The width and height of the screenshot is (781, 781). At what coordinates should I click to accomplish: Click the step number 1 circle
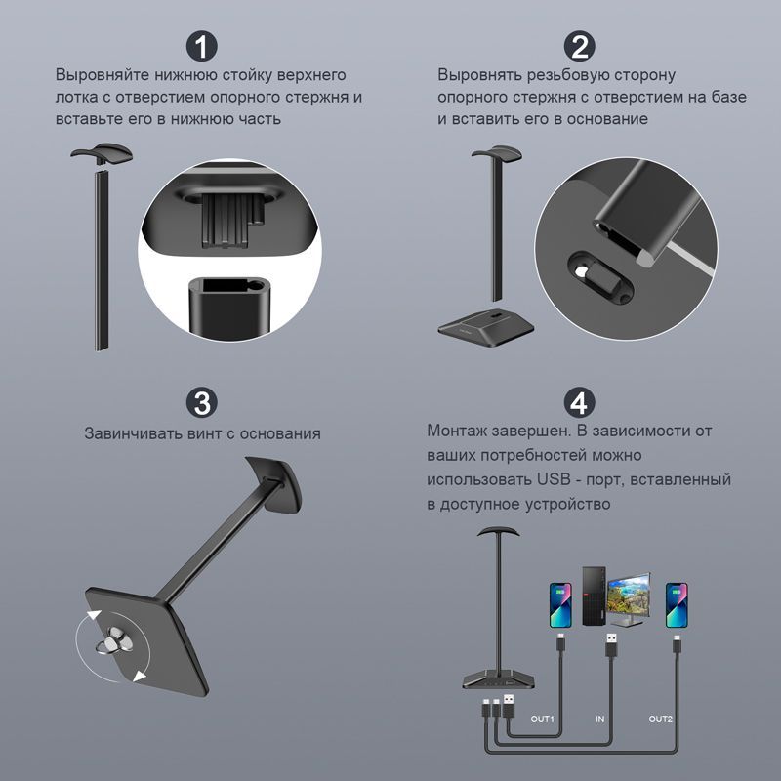tap(202, 46)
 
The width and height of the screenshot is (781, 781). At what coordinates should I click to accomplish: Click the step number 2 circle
tap(579, 46)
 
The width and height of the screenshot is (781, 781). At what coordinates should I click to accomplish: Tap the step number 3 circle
tap(202, 403)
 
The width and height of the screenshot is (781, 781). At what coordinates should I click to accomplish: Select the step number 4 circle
tap(579, 403)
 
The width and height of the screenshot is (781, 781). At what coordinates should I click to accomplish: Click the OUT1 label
tap(542, 719)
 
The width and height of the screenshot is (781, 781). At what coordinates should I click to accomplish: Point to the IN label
tap(599, 719)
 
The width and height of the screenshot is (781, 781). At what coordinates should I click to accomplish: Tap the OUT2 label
tap(661, 719)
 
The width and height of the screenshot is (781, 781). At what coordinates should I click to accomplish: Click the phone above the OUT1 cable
tap(560, 605)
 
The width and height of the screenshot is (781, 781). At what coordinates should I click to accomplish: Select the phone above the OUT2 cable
tap(677, 605)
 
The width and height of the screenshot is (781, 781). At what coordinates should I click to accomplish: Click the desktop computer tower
tap(595, 596)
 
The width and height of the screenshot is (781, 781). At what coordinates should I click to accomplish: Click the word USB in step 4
tap(554, 479)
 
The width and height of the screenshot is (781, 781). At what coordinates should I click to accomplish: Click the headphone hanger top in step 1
tap(103, 152)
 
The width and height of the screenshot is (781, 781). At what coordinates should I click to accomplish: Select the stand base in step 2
tap(486, 327)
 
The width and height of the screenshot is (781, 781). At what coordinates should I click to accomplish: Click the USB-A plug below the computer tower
tap(611, 647)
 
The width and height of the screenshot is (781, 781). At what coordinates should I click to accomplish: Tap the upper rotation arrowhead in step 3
tap(93, 616)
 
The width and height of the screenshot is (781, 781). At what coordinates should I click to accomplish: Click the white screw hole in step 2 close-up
tap(580, 270)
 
